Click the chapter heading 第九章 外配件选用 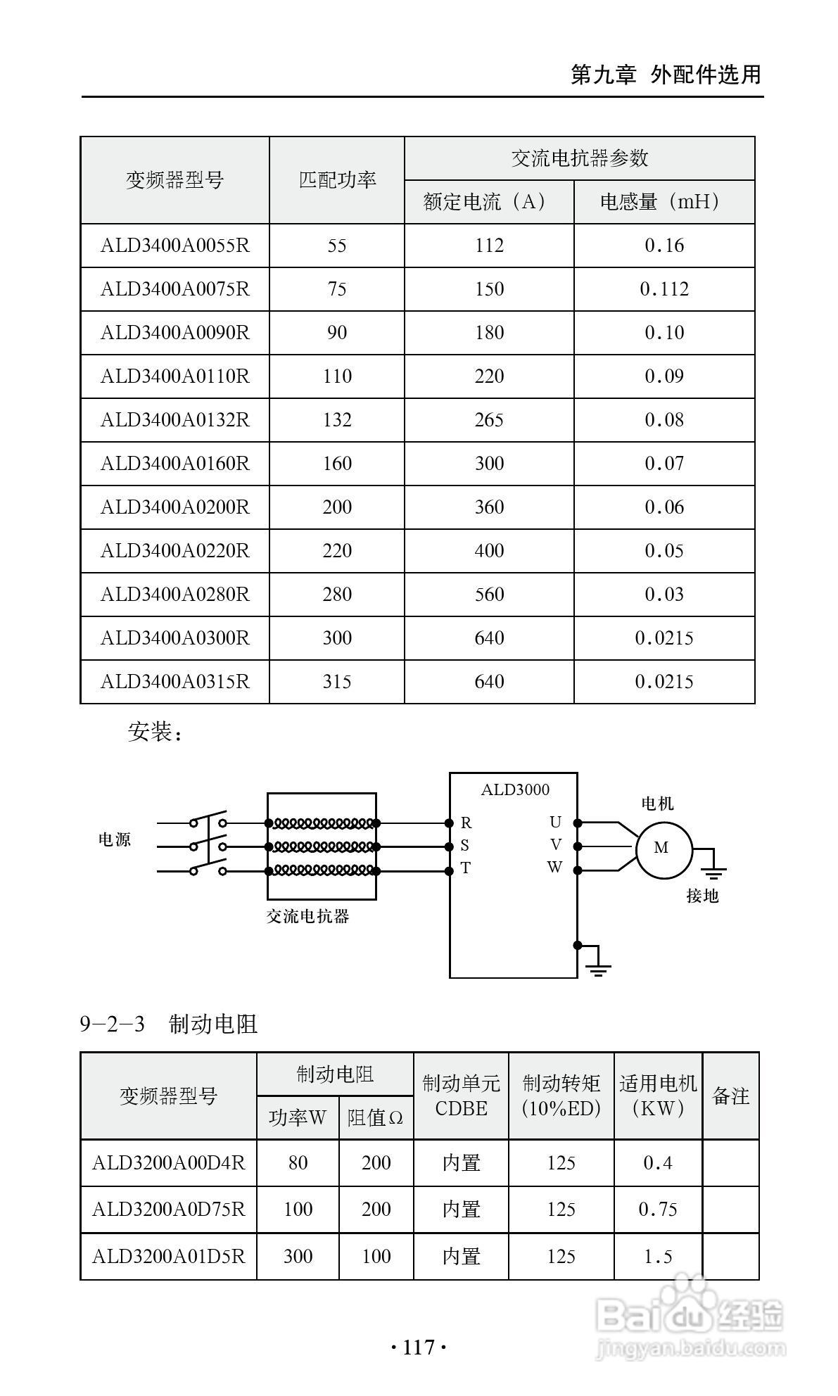(666, 74)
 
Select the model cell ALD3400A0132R (174, 420)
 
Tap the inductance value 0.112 (664, 289)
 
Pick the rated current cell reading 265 (489, 420)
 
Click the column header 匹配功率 (337, 180)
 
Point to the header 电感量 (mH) (664, 203)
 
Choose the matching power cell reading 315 (337, 682)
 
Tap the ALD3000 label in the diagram (515, 789)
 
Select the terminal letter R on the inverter (466, 823)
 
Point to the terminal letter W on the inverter (554, 868)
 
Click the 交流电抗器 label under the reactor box (307, 916)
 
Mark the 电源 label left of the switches (115, 839)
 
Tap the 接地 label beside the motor (702, 896)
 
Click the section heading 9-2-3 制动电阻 (169, 1024)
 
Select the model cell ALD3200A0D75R (169, 1209)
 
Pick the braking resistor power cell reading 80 (298, 1162)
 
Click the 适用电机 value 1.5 (658, 1256)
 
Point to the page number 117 (419, 1347)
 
